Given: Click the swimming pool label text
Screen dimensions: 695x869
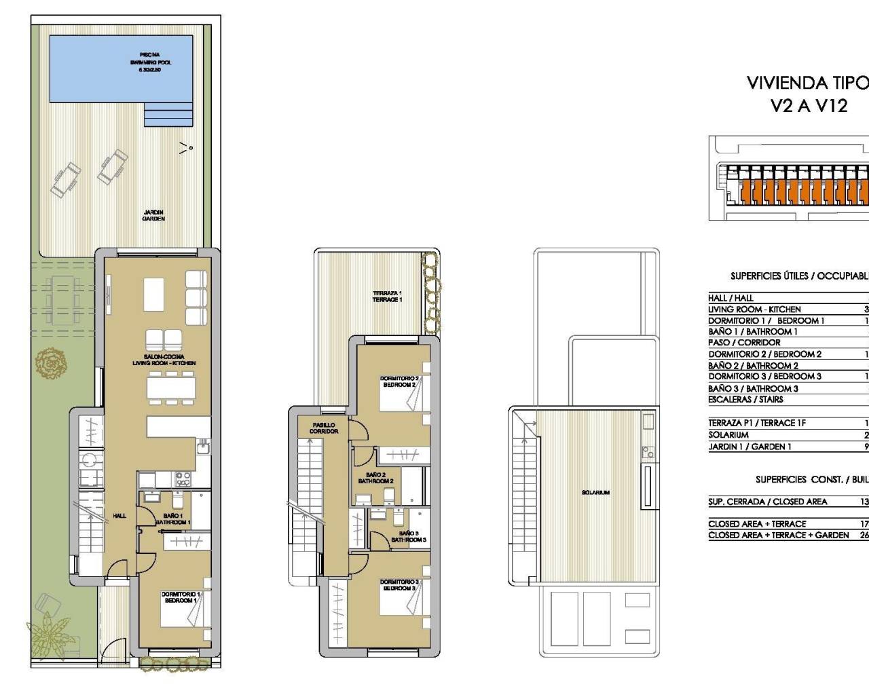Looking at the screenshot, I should click(150, 62).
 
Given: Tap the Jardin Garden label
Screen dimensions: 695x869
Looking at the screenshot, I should click(153, 215).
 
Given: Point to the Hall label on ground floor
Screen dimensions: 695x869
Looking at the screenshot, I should click(119, 516).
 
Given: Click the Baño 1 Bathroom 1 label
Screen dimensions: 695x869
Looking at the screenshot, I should click(172, 519).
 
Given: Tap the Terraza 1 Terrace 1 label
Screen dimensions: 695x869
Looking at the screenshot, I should click(387, 296).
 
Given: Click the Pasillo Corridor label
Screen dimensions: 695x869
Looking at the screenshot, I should click(324, 428).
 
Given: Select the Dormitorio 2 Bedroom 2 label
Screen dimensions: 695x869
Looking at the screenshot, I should click(399, 381).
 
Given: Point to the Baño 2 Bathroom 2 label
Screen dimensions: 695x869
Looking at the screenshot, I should click(375, 478).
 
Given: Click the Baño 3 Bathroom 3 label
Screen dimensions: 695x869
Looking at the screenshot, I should click(409, 536).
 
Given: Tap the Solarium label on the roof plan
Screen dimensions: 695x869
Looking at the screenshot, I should click(595, 492).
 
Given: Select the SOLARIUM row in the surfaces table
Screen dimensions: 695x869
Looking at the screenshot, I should click(728, 434).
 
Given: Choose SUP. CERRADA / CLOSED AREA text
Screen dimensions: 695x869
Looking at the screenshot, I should click(767, 502).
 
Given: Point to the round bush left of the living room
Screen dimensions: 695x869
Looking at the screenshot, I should click(52, 363).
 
